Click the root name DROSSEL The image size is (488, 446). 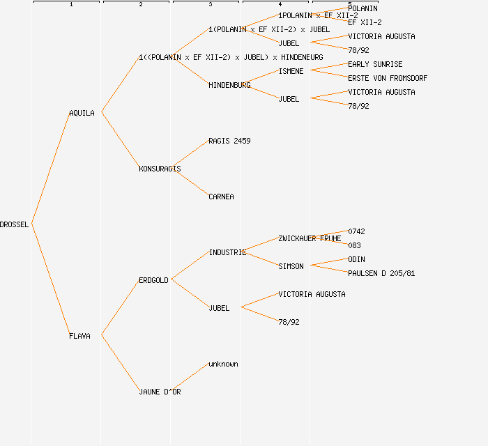coord(15,224)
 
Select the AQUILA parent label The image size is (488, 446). coord(82,113)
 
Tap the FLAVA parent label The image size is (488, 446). coord(79,336)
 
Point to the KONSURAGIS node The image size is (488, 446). coord(160,169)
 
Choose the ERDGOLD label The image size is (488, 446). coord(153,280)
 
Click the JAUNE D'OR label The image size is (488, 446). coord(160,392)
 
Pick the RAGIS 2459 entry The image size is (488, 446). coord(229,141)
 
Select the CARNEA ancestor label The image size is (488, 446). coord(221,197)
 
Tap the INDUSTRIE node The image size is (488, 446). coord(227,252)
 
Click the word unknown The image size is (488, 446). coord(223,364)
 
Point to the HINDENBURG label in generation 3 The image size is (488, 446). coord(229,85)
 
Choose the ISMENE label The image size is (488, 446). coord(291,71)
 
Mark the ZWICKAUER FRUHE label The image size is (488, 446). coord(310,238)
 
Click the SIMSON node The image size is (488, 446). coord(291,266)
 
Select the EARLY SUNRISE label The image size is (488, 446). coord(375,64)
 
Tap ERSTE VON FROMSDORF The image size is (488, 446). coord(388,78)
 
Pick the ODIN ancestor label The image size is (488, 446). coord(356,259)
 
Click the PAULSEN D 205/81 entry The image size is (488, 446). coord(381,273)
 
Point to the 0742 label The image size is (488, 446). coord(356,231)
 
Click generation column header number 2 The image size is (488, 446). coord(140,5)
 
